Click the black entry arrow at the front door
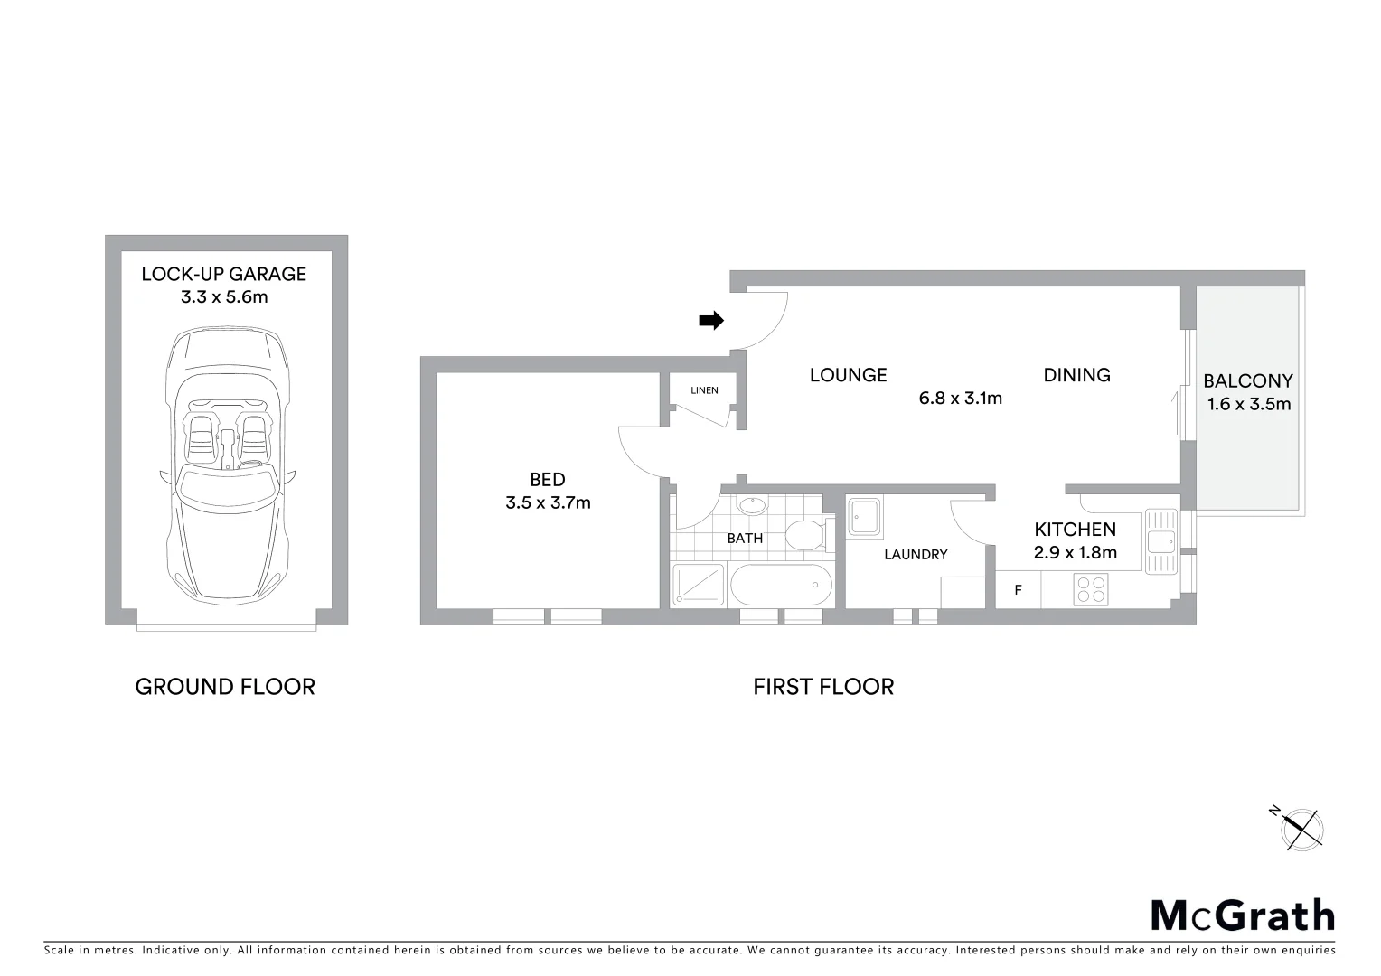point(712,320)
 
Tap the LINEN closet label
point(704,390)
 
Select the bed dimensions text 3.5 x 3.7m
point(548,502)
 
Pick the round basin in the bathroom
point(751,506)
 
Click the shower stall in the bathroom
point(699,585)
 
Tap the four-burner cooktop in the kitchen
point(1092,589)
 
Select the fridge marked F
point(1019,590)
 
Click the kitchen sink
point(1159,541)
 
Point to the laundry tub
point(864,518)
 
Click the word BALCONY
point(1247,381)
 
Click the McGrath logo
point(1242,915)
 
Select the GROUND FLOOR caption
point(225,687)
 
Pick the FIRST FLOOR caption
point(823,687)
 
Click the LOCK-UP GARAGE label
point(224,274)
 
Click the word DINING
point(1076,375)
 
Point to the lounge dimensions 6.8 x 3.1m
point(960,398)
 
